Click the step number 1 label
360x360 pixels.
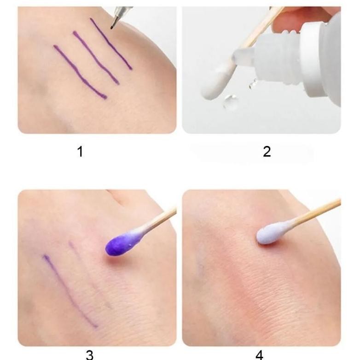pyautogui.click(x=80, y=152)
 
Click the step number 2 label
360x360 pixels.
pyautogui.click(x=267, y=152)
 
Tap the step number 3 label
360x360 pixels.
pyautogui.click(x=90, y=355)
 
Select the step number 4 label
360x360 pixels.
pyautogui.click(x=259, y=355)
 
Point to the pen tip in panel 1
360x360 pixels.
pyautogui.click(x=111, y=28)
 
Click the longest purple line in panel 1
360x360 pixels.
pyautogui.click(x=81, y=72)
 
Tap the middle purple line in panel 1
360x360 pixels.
pyautogui.click(x=96, y=58)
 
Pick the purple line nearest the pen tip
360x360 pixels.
pyautogui.click(x=111, y=44)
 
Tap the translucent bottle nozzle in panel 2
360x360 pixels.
pyautogui.click(x=244, y=55)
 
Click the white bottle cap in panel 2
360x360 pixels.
pyautogui.click(x=321, y=58)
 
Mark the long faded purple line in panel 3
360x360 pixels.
pyautogui.click(x=70, y=291)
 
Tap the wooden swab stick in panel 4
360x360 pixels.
pyautogui.click(x=314, y=212)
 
